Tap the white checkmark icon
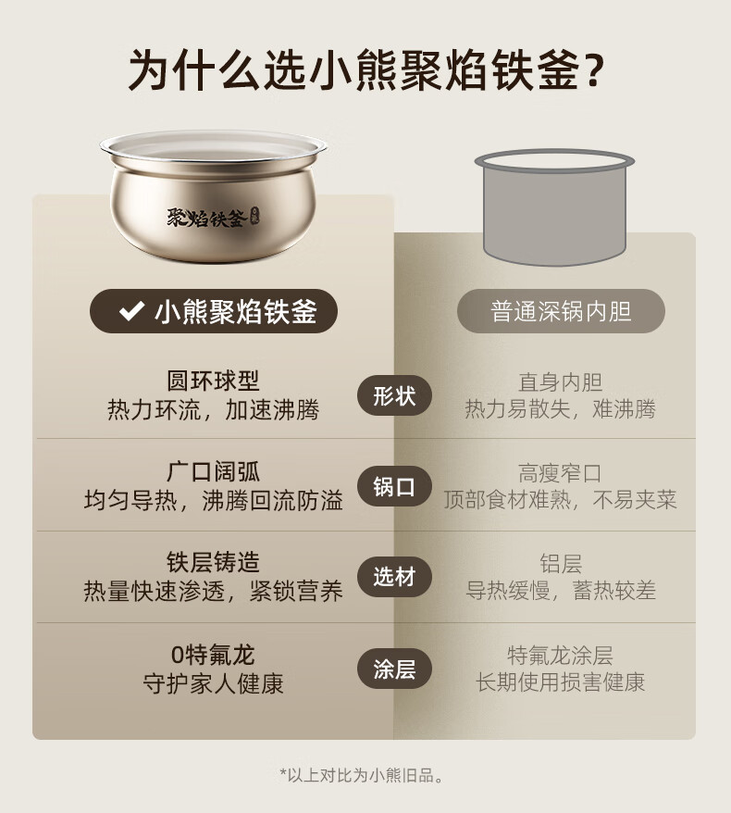click(131, 310)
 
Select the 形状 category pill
click(394, 396)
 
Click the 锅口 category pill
click(394, 487)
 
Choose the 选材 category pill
click(394, 577)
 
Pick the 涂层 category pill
click(394, 669)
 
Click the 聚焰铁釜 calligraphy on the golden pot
click(206, 219)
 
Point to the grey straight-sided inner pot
click(555, 207)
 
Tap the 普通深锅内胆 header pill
click(561, 311)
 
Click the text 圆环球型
click(213, 381)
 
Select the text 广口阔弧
click(213, 472)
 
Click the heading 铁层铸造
click(213, 563)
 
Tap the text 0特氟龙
click(213, 655)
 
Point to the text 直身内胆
click(561, 382)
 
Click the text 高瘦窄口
click(561, 473)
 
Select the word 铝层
click(561, 564)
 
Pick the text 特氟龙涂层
click(561, 656)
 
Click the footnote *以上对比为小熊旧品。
click(362, 775)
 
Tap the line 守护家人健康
click(213, 684)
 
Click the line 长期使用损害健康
click(561, 682)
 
